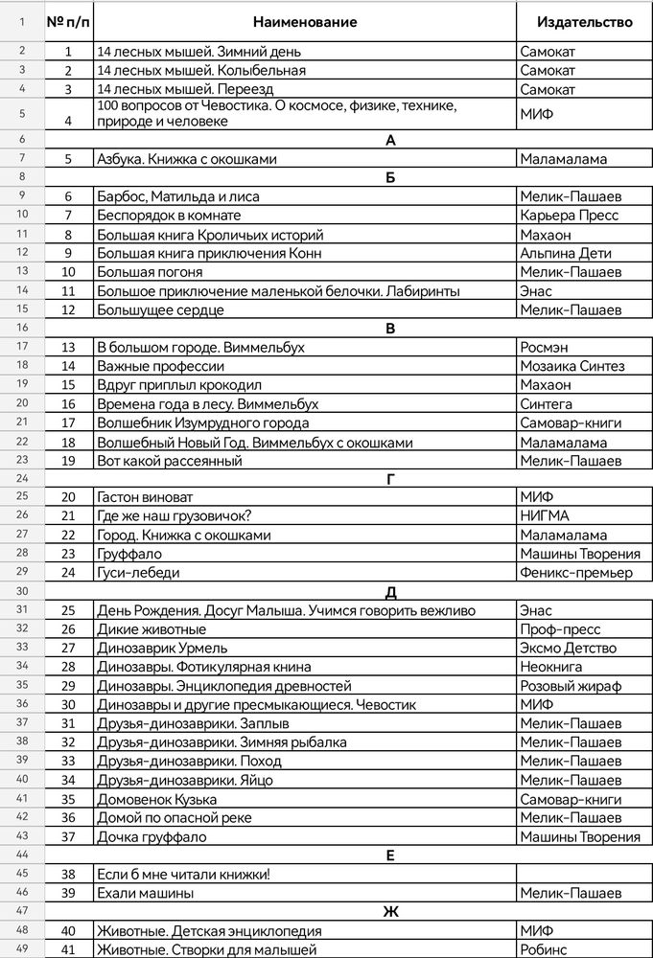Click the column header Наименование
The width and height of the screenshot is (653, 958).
[306, 22]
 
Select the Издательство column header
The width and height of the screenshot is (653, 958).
[584, 22]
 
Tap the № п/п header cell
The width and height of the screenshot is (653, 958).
[68, 22]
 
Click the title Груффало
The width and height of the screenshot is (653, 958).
[128, 554]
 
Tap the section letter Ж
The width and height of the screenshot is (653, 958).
[390, 912]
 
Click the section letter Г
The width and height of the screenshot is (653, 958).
[390, 479]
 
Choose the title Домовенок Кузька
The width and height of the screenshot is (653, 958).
[156, 799]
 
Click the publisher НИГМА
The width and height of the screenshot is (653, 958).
[544, 516]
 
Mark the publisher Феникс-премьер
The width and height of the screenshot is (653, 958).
[575, 573]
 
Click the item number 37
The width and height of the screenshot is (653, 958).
[68, 836]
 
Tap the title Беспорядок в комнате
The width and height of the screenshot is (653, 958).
[169, 216]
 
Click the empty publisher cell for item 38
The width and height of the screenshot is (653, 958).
[584, 874]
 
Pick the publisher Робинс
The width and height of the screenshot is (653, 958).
[544, 949]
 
